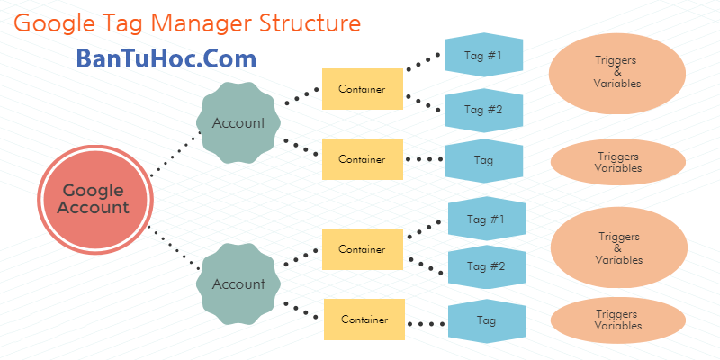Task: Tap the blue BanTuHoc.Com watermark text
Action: point(166,59)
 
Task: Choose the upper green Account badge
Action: point(238,123)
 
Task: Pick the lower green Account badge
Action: point(238,283)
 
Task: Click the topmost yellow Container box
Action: point(362,89)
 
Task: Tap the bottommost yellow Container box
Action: point(364,319)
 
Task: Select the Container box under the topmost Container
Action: point(362,159)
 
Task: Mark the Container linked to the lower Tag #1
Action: point(362,248)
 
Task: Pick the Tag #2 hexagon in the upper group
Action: point(483,110)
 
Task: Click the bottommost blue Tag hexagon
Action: point(487,319)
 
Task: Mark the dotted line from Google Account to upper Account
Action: point(175,155)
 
